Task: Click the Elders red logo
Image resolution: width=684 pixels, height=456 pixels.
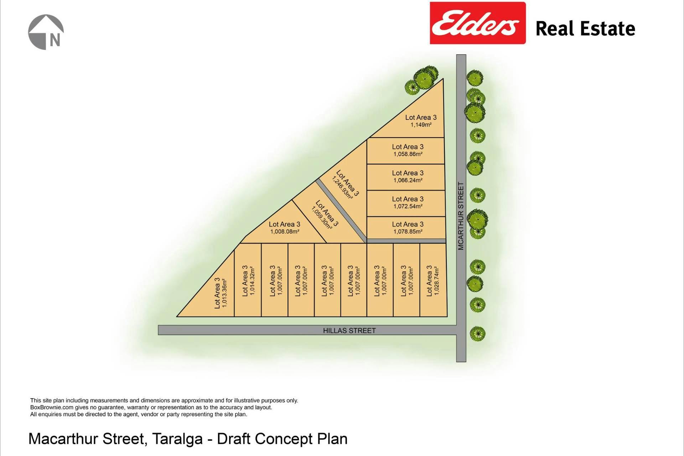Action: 477,23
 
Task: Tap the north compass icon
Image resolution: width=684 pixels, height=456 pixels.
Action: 46,32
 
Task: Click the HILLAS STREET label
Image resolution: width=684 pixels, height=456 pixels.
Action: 349,331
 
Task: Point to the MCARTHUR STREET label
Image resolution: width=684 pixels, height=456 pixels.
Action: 461,216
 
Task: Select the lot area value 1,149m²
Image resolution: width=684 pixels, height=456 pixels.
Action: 421,125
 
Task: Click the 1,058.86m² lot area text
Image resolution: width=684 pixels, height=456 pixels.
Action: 408,154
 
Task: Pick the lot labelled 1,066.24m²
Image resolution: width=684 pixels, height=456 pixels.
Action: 408,180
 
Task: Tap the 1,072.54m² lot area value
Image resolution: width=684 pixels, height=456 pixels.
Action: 408,206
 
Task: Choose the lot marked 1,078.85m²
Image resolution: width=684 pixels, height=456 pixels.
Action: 408,232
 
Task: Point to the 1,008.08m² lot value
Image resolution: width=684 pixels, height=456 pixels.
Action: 285,232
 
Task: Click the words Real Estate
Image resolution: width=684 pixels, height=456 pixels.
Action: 585,28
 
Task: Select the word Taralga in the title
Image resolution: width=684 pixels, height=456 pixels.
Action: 177,439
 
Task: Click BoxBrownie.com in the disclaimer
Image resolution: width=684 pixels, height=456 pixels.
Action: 52,407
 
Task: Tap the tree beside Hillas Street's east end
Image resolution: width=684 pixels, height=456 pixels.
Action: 477,333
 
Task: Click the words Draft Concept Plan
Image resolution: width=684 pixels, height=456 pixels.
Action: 282,439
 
